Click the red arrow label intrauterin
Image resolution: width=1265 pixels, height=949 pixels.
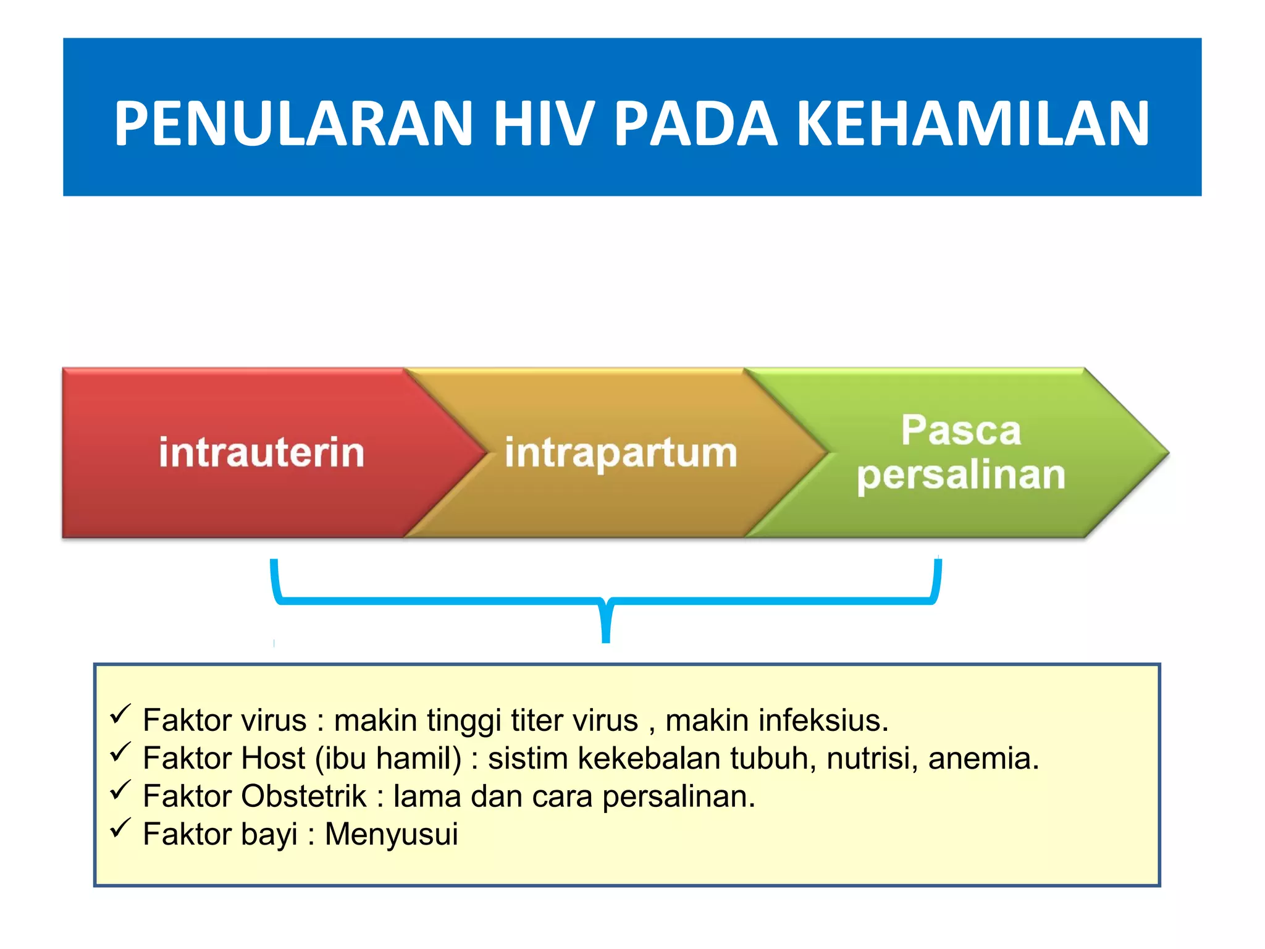tap(262, 452)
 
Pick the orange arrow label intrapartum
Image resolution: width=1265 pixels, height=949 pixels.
tap(621, 453)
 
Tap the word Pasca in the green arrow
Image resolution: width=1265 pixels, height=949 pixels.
tap(960, 430)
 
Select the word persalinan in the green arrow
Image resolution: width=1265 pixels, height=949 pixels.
tap(960, 476)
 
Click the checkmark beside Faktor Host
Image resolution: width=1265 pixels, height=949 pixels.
tap(120, 752)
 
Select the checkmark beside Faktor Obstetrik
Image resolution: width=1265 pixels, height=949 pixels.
tap(120, 790)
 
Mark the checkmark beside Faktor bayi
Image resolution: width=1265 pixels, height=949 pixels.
tap(120, 828)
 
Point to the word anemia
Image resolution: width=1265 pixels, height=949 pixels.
tap(983, 758)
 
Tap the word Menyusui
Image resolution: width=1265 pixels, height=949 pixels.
tap(392, 834)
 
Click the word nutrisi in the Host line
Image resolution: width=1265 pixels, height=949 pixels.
tap(872, 758)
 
